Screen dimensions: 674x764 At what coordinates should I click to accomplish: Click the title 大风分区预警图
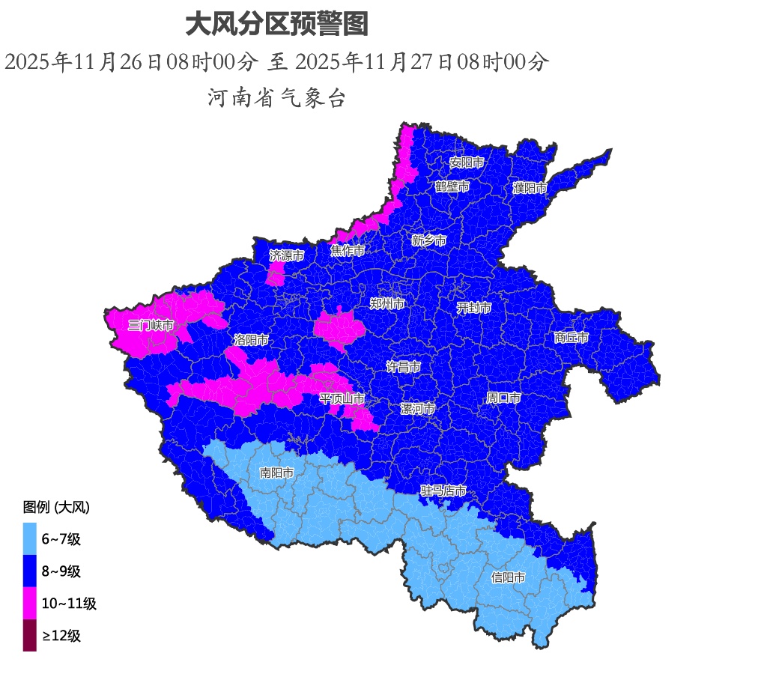[x=276, y=25]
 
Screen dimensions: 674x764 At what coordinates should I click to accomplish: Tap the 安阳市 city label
[x=467, y=163]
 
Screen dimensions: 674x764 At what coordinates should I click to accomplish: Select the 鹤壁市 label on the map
[x=452, y=186]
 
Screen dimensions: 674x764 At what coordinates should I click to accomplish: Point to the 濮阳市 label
[x=530, y=189]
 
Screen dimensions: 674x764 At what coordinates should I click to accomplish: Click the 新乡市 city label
[x=429, y=241]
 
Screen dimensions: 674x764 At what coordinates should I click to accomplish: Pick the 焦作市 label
[x=348, y=251]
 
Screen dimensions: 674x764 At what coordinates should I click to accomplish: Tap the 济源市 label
[x=287, y=256]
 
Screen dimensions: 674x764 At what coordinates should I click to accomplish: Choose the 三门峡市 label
[x=151, y=326]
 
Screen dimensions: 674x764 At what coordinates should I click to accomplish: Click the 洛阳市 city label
[x=251, y=340]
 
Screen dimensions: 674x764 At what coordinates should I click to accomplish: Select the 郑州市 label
[x=387, y=304]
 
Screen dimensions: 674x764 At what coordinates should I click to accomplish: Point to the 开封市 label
[x=474, y=308]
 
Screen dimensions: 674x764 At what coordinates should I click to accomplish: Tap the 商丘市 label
[x=572, y=338]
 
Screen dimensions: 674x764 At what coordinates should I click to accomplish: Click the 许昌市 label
[x=403, y=367]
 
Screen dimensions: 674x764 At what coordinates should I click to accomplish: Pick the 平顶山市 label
[x=342, y=399]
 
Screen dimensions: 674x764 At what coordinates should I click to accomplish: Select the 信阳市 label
[x=508, y=578]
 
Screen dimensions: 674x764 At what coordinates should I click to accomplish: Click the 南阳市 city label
[x=276, y=473]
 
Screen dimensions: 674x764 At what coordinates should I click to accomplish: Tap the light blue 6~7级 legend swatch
[x=29, y=538]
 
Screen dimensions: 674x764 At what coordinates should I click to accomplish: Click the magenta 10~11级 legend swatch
[x=29, y=604]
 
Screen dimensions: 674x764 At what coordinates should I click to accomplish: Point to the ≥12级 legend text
[x=61, y=637]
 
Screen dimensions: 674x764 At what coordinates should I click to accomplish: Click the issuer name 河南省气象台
[x=276, y=98]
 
